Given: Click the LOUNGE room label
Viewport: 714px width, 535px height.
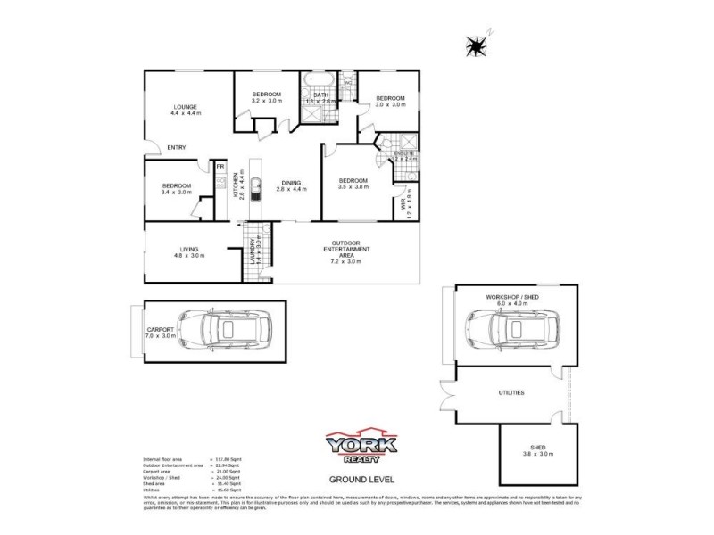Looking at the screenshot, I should click(186, 106).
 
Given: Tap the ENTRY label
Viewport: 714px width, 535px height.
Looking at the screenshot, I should click(176, 148).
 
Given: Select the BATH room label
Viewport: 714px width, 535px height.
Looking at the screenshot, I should click(320, 95).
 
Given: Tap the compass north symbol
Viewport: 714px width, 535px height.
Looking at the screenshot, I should click(479, 45).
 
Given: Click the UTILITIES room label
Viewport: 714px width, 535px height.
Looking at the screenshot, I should click(511, 392).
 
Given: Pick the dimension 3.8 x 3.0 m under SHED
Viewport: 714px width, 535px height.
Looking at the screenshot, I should click(537, 454).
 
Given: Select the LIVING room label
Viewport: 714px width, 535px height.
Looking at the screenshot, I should click(188, 250).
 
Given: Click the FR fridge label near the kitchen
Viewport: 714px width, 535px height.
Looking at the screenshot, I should click(220, 165).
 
